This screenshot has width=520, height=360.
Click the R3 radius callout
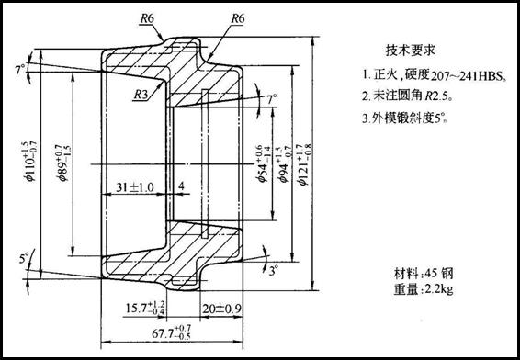click(141, 94)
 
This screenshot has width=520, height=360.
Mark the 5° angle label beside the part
click(24, 258)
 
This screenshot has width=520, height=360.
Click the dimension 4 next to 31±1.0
click(181, 187)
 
